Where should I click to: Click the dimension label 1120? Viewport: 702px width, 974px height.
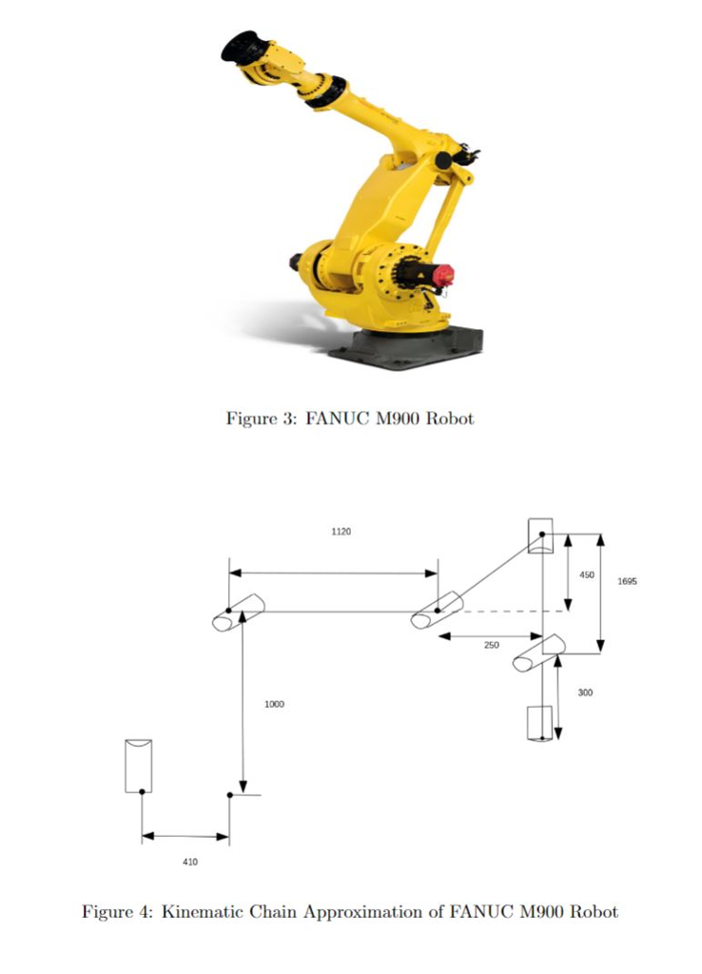(341, 532)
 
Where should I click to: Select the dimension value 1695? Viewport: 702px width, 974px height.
(627, 580)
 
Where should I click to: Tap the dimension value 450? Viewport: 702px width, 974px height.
(587, 575)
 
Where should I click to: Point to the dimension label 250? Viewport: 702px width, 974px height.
(491, 646)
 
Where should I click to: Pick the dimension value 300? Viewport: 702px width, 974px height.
(585, 693)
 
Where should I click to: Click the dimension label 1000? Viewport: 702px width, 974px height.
(274, 705)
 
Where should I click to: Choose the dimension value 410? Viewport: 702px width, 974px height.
(190, 862)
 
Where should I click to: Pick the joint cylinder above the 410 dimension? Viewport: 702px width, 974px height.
(139, 765)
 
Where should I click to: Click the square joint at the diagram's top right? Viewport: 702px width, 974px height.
(540, 536)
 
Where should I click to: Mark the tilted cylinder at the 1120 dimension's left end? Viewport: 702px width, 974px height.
(238, 613)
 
